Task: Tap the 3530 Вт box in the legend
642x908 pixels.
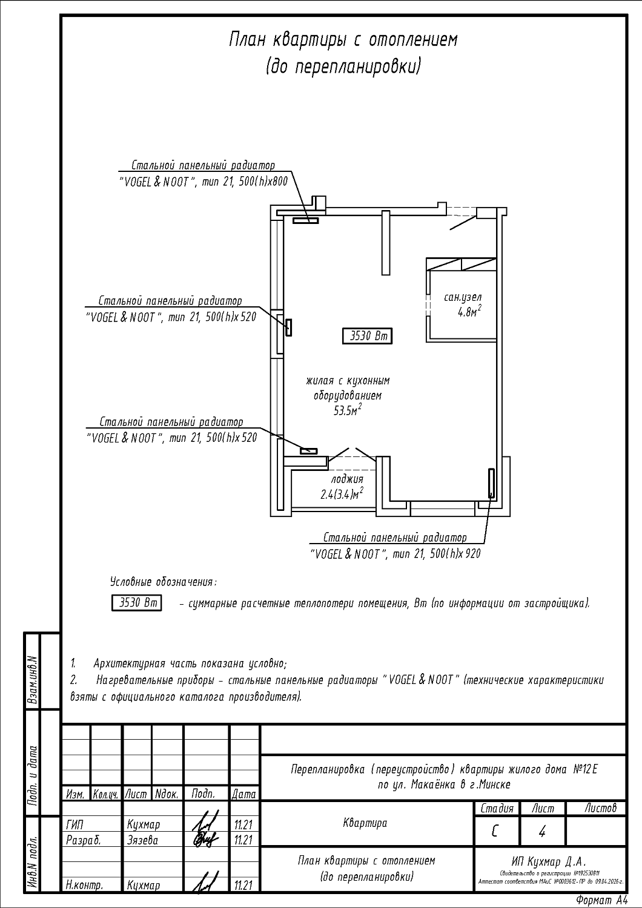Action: (x=137, y=604)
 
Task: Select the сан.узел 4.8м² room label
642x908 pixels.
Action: (x=463, y=305)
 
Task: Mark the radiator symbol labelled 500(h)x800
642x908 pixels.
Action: (x=306, y=220)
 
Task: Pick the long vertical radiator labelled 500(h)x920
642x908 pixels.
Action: (x=492, y=482)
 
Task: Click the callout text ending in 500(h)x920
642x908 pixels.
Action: (x=395, y=554)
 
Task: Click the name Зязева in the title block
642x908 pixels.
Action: (x=142, y=840)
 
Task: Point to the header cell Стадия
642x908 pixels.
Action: (x=497, y=809)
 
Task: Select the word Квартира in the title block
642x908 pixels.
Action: (x=365, y=823)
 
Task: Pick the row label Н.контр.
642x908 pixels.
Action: (x=84, y=885)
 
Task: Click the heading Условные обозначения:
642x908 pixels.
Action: (x=164, y=582)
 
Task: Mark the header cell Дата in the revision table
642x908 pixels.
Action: (x=244, y=794)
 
